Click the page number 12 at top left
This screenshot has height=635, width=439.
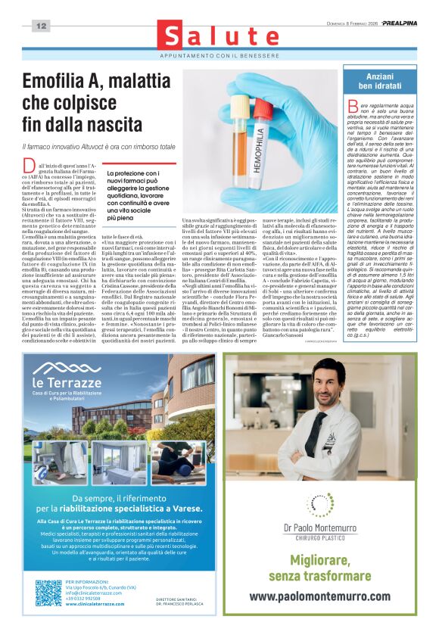point(41,26)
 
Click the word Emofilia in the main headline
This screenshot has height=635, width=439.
point(61,83)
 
